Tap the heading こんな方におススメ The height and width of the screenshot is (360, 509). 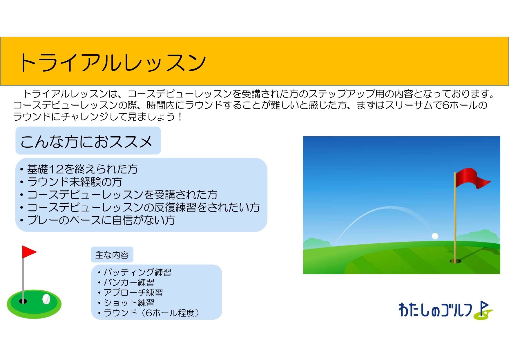click(86, 142)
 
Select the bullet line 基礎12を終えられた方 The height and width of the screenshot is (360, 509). click(82, 169)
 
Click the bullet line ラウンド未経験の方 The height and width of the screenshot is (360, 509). click(75, 182)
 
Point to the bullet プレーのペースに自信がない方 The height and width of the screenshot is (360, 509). click(101, 220)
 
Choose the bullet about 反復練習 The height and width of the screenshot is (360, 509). click(143, 207)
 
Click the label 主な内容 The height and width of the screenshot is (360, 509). click(112, 255)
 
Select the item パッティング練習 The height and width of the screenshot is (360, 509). click(137, 272)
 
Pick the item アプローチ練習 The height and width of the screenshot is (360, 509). click(133, 292)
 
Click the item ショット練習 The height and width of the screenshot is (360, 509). click(129, 303)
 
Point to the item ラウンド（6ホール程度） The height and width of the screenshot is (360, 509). click(151, 313)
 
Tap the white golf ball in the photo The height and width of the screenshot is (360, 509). click(435, 236)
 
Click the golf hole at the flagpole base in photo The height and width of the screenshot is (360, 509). click(455, 261)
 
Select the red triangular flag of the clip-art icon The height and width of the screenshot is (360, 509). click(29, 252)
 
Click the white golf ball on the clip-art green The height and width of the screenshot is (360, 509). click(46, 299)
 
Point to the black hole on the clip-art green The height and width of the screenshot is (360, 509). click(23, 301)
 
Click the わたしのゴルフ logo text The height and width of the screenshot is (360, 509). click(435, 310)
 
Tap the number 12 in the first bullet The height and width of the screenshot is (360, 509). click(56, 169)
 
